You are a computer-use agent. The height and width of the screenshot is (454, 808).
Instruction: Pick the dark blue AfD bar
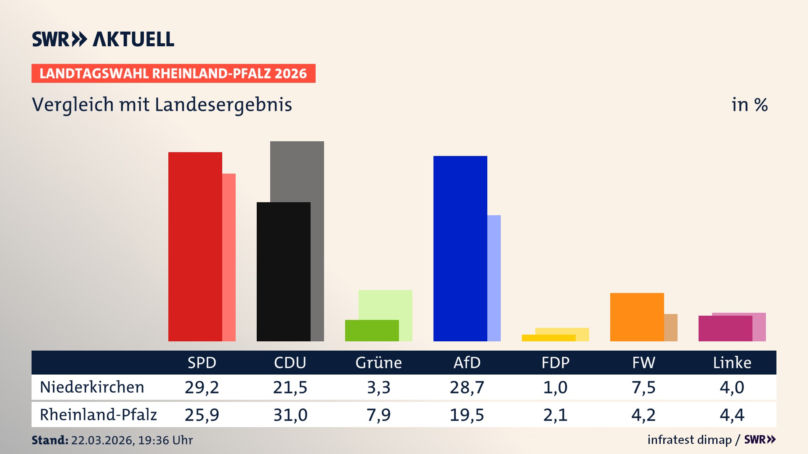[x=460, y=248]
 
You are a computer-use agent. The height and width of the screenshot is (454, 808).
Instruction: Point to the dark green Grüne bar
[x=372, y=330]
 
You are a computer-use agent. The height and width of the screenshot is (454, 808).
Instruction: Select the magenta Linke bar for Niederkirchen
[x=725, y=328]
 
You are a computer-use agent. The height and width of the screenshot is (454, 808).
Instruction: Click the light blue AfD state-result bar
[x=494, y=277]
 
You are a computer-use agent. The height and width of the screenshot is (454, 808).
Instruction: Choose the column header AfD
[x=467, y=362]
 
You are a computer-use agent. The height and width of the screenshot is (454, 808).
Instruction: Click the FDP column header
[x=555, y=362]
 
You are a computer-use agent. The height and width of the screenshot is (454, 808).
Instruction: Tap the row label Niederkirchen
[x=92, y=387]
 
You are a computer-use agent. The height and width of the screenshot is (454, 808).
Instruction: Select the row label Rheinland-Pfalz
[x=98, y=414]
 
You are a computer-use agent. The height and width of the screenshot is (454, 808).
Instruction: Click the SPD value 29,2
[x=202, y=387]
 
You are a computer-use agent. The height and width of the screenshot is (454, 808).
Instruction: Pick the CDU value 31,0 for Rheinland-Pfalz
[x=290, y=415]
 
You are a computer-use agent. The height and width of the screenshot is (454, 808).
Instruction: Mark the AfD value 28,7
[x=467, y=387]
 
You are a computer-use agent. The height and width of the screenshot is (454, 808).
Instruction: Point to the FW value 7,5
[x=643, y=387]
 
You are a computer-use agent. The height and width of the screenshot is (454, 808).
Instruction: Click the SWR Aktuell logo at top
[x=103, y=39]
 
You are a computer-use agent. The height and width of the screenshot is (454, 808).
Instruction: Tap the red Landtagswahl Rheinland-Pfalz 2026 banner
[x=173, y=74]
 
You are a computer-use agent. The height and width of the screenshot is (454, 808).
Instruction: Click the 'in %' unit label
[x=749, y=105]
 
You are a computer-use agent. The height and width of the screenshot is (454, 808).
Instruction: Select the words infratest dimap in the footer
[x=689, y=440]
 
